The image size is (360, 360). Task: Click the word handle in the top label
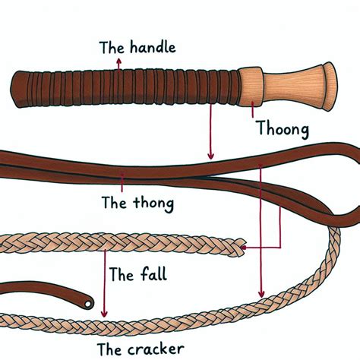pyautogui.click(x=153, y=47)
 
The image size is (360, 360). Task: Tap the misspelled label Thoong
pyautogui.click(x=283, y=129)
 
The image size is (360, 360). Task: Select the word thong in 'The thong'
pyautogui.click(x=153, y=204)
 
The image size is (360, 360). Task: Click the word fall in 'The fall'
pyautogui.click(x=153, y=274)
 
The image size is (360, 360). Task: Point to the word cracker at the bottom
pyautogui.click(x=156, y=349)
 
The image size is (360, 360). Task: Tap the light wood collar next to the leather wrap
pyautogui.click(x=251, y=87)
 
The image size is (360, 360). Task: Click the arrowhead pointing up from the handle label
pyautogui.click(x=118, y=61)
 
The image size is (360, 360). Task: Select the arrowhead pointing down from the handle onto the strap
pyautogui.click(x=210, y=156)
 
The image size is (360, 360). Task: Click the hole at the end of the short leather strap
pyautogui.click(x=88, y=304)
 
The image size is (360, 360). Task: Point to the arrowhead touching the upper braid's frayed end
pyautogui.click(x=244, y=247)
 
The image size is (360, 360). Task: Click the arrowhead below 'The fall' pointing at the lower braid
pyautogui.click(x=104, y=314)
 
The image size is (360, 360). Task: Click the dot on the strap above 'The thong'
pyautogui.click(x=122, y=175)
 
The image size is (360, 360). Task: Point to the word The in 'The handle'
pyautogui.click(x=112, y=47)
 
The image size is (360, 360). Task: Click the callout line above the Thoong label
pyautogui.click(x=252, y=109)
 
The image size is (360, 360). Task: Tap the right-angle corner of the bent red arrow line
pyautogui.click(x=279, y=247)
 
